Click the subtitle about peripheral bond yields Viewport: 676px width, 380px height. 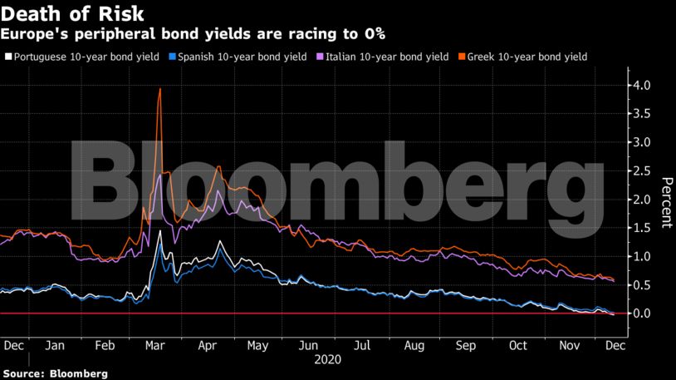point(192,34)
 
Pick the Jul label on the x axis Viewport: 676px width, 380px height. point(363,345)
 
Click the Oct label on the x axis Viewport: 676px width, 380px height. point(518,345)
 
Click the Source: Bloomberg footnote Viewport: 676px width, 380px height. point(55,373)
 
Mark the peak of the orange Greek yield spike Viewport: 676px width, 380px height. point(159,89)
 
